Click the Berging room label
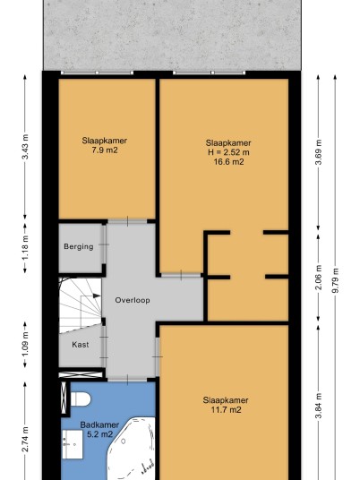[79, 247]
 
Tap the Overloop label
[133, 300]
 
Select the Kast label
[81, 345]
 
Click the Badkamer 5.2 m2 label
[99, 430]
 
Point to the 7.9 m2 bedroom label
[105, 145]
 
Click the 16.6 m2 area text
[228, 161]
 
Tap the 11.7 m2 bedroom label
[226, 405]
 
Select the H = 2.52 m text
[228, 152]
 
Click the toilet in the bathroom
[81, 399]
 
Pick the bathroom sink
[73, 444]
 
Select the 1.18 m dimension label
[25, 247]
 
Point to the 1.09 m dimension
[25, 344]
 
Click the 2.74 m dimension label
[25, 440]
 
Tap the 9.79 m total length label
[336, 280]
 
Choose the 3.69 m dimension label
[319, 152]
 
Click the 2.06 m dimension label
[319, 278]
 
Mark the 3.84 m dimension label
[319, 406]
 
